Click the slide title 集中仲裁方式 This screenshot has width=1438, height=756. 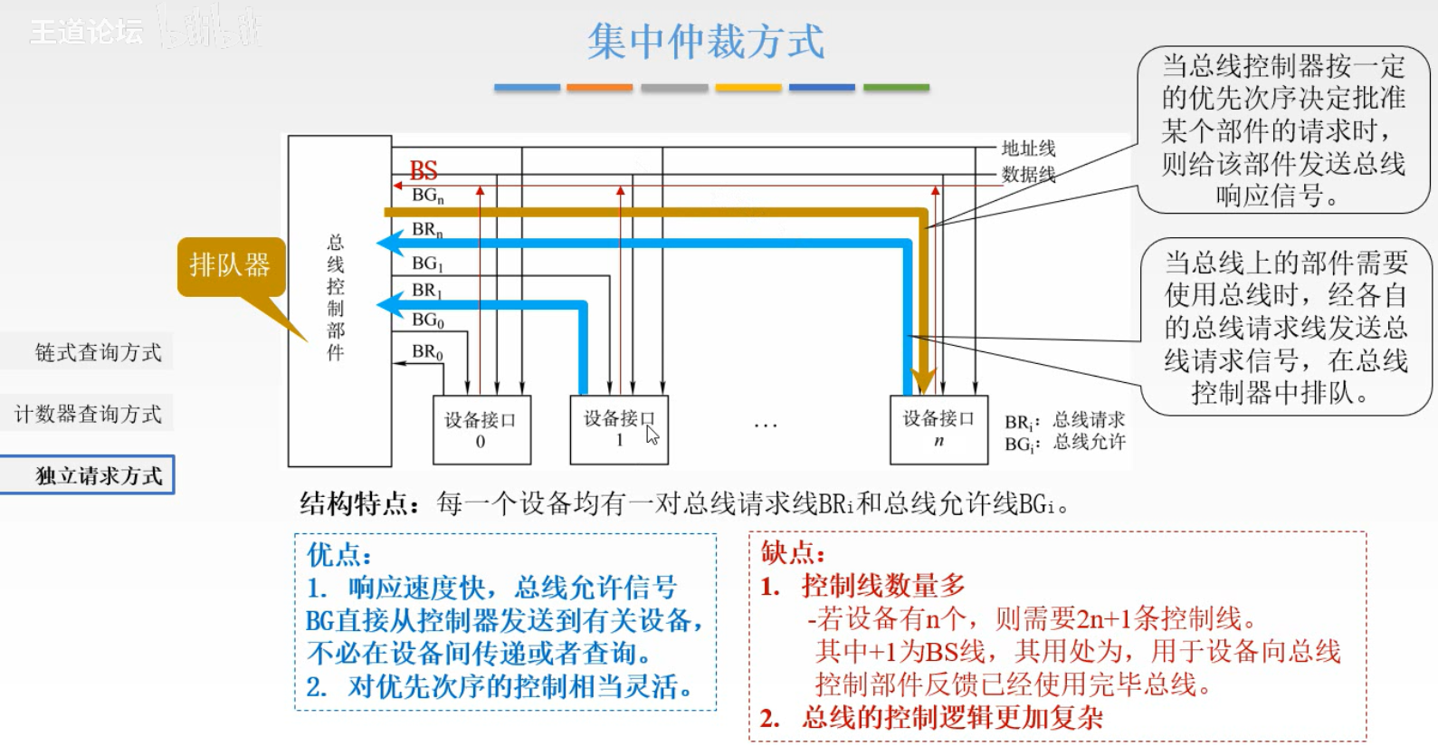coord(706,43)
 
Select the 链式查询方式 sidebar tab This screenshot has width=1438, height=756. coord(98,352)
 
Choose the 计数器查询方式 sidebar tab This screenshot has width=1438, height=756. coord(88,414)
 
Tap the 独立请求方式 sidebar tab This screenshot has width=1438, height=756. coord(99,475)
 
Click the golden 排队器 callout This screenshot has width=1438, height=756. coord(230,265)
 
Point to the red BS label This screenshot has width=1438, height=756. coord(424,170)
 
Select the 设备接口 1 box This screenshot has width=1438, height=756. coord(618,429)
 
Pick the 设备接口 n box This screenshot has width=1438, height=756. coord(938,429)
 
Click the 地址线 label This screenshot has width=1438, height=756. coord(1028,148)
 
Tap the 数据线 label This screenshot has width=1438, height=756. coord(1028,174)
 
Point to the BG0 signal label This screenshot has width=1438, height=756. coord(427,321)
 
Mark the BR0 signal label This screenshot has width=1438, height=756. coord(427,351)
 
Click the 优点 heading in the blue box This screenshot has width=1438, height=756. coord(338,554)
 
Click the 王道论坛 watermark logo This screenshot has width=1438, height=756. coord(87,32)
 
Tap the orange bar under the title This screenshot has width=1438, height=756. coord(599,88)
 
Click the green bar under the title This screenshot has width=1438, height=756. coord(896,88)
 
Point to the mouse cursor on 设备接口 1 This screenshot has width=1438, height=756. coord(652,435)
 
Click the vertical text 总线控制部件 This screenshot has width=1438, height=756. coord(336,297)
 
